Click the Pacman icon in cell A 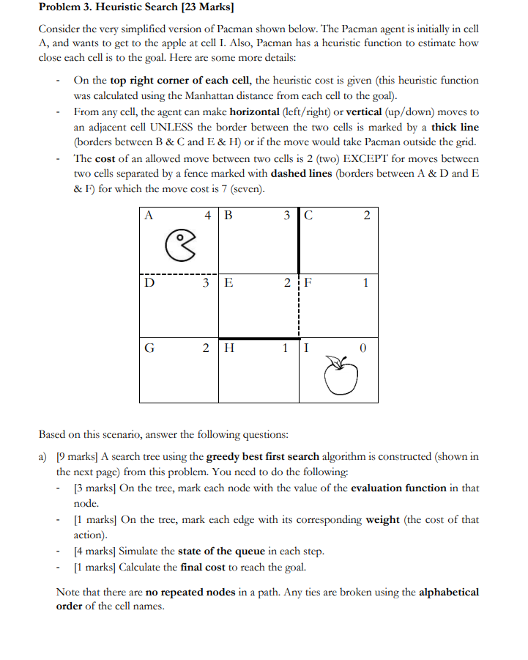(x=182, y=243)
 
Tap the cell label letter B (x=228, y=215)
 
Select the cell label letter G (x=149, y=348)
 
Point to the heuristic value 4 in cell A (x=208, y=215)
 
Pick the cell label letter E (x=228, y=282)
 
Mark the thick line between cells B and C (x=299, y=240)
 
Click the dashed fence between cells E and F (x=299, y=307)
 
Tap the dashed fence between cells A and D (x=179, y=274)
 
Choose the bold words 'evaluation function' (x=398, y=488)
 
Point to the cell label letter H (x=228, y=348)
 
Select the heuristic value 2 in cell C (x=367, y=215)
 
